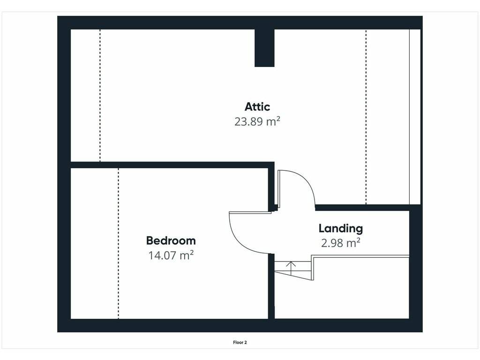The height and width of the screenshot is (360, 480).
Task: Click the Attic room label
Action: pyautogui.click(x=257, y=107)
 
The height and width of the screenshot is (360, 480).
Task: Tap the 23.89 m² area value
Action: pyautogui.click(x=257, y=121)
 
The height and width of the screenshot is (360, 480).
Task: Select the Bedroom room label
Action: pyautogui.click(x=171, y=240)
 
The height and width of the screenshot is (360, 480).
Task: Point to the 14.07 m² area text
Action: pyautogui.click(x=171, y=255)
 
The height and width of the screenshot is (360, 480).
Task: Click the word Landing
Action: pyautogui.click(x=341, y=228)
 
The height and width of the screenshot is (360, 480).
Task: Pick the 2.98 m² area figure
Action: pyautogui.click(x=341, y=243)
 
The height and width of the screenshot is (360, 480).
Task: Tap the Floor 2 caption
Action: pyautogui.click(x=240, y=343)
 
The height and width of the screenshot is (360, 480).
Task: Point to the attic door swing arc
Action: pyautogui.click(x=307, y=180)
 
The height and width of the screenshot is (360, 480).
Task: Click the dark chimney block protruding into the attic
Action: pyautogui.click(x=264, y=48)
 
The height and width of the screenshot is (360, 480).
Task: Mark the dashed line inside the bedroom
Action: pyautogui.click(x=119, y=243)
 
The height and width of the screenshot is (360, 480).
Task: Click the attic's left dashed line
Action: pyautogui.click(x=100, y=95)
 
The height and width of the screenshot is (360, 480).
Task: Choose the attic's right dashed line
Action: pyautogui.click(x=366, y=117)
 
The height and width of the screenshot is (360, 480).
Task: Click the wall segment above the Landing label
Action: pyautogui.click(x=362, y=208)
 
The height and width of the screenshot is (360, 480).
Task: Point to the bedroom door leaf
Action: pyautogui.click(x=250, y=212)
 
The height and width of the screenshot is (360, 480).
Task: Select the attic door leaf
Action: pyautogui.click(x=279, y=189)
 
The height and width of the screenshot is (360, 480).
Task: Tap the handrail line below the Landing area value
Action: pyautogui.click(x=360, y=256)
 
